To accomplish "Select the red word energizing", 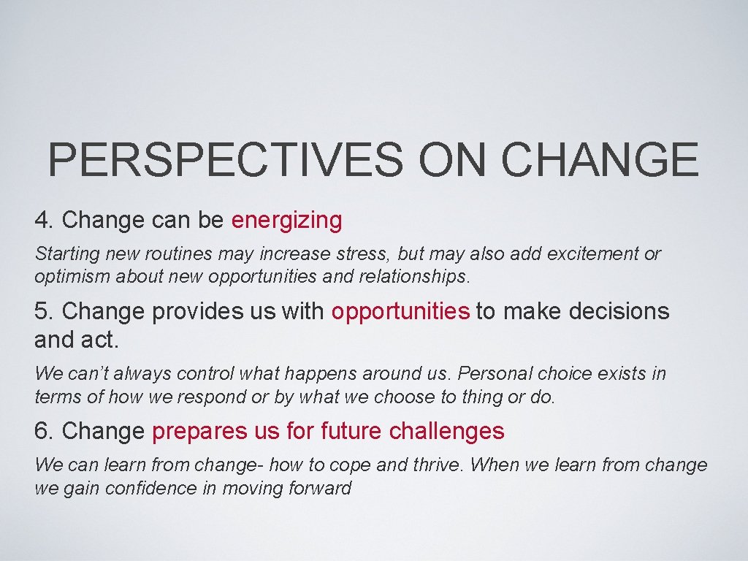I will [x=286, y=220].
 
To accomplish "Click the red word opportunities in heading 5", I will [x=400, y=311].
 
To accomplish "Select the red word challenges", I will [x=446, y=431].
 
